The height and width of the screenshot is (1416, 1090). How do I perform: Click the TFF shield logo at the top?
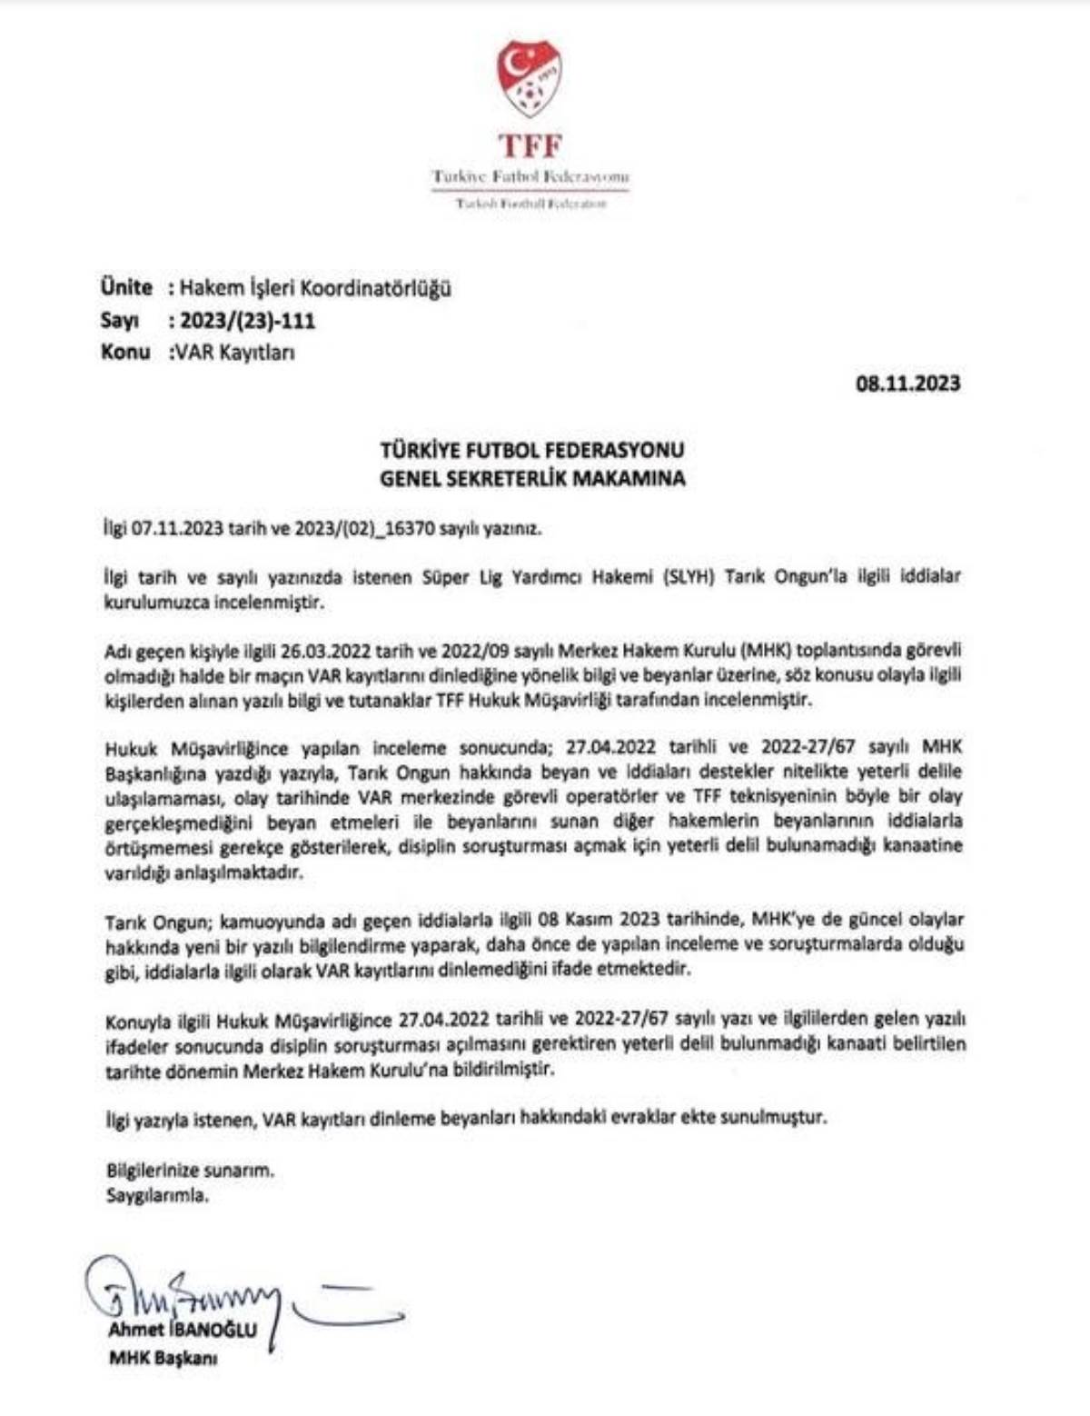pyautogui.click(x=530, y=79)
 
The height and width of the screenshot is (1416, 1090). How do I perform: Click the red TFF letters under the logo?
pyautogui.click(x=530, y=145)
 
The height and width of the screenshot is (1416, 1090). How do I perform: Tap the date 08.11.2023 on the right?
pyautogui.click(x=907, y=383)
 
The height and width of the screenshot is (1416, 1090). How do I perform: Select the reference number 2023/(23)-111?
pyautogui.click(x=247, y=320)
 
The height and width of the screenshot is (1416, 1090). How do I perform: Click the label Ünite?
pyautogui.click(x=126, y=287)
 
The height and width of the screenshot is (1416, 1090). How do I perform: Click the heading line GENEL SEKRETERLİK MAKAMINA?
pyautogui.click(x=532, y=478)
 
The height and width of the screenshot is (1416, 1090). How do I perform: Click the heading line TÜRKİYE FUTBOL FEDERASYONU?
pyautogui.click(x=532, y=449)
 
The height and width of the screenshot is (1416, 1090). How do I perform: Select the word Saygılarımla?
pyautogui.click(x=157, y=1195)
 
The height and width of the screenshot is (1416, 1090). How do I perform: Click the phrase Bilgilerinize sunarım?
pyautogui.click(x=190, y=1170)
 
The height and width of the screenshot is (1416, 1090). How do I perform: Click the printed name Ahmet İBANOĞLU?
pyautogui.click(x=182, y=1330)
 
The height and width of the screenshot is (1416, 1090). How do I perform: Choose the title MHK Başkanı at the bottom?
pyautogui.click(x=163, y=1359)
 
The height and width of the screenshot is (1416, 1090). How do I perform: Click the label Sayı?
pyautogui.click(x=120, y=320)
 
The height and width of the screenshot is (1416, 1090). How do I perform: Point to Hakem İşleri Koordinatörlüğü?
pyautogui.click(x=315, y=288)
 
